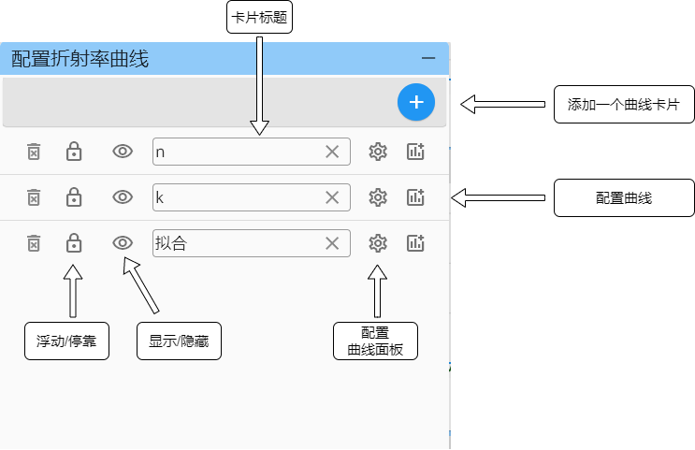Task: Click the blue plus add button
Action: [x=416, y=102]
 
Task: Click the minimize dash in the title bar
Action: [x=428, y=59]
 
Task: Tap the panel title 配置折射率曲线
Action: [x=80, y=59]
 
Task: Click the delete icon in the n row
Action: [x=34, y=152]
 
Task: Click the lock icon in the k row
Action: [x=74, y=197]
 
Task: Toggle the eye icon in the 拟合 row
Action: [x=123, y=243]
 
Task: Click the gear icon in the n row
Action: [x=378, y=152]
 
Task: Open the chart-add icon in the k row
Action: [x=416, y=197]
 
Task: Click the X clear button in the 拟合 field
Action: [x=332, y=243]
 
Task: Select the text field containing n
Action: [x=234, y=152]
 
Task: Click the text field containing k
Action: [x=234, y=197]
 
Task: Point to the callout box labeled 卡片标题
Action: [x=259, y=18]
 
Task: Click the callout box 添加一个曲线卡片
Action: [x=623, y=105]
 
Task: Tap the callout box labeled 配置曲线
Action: [x=623, y=198]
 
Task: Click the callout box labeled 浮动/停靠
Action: [x=66, y=341]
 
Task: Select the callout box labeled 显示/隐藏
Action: [x=179, y=341]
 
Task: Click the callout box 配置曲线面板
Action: [x=375, y=341]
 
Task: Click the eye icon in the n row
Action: [x=123, y=152]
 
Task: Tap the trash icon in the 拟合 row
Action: [x=34, y=243]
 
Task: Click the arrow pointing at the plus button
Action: [x=503, y=104]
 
